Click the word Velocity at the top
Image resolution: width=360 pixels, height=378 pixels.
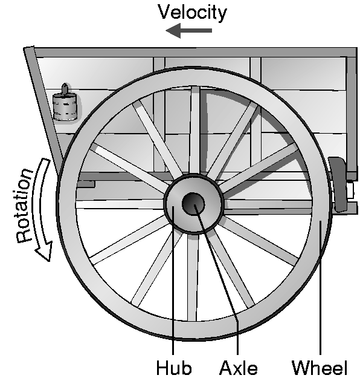tap(192, 13)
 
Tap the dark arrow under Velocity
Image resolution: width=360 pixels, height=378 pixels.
tap(189, 31)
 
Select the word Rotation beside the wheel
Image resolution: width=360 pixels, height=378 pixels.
tap(24, 205)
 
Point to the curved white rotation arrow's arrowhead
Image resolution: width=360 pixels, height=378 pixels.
tap(45, 251)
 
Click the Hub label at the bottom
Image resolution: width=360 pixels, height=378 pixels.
tap(174, 368)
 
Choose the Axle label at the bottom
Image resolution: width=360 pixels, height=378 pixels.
tap(238, 368)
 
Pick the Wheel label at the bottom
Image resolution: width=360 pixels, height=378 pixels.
tap(320, 368)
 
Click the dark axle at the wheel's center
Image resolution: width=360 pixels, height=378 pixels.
tap(193, 204)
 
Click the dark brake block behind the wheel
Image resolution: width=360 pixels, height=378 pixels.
tap(338, 184)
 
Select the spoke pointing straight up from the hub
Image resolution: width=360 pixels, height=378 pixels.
tap(194, 130)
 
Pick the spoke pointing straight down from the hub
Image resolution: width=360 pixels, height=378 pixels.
tap(193, 278)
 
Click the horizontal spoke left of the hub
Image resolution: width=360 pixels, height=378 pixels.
tap(120, 204)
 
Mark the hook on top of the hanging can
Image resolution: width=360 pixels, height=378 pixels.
tap(65, 89)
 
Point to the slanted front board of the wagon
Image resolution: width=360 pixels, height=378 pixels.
tap(43, 106)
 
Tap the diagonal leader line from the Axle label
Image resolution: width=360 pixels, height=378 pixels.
tap(217, 279)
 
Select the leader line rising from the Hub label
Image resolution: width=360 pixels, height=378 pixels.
tap(173, 280)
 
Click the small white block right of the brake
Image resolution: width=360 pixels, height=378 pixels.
tap(350, 190)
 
